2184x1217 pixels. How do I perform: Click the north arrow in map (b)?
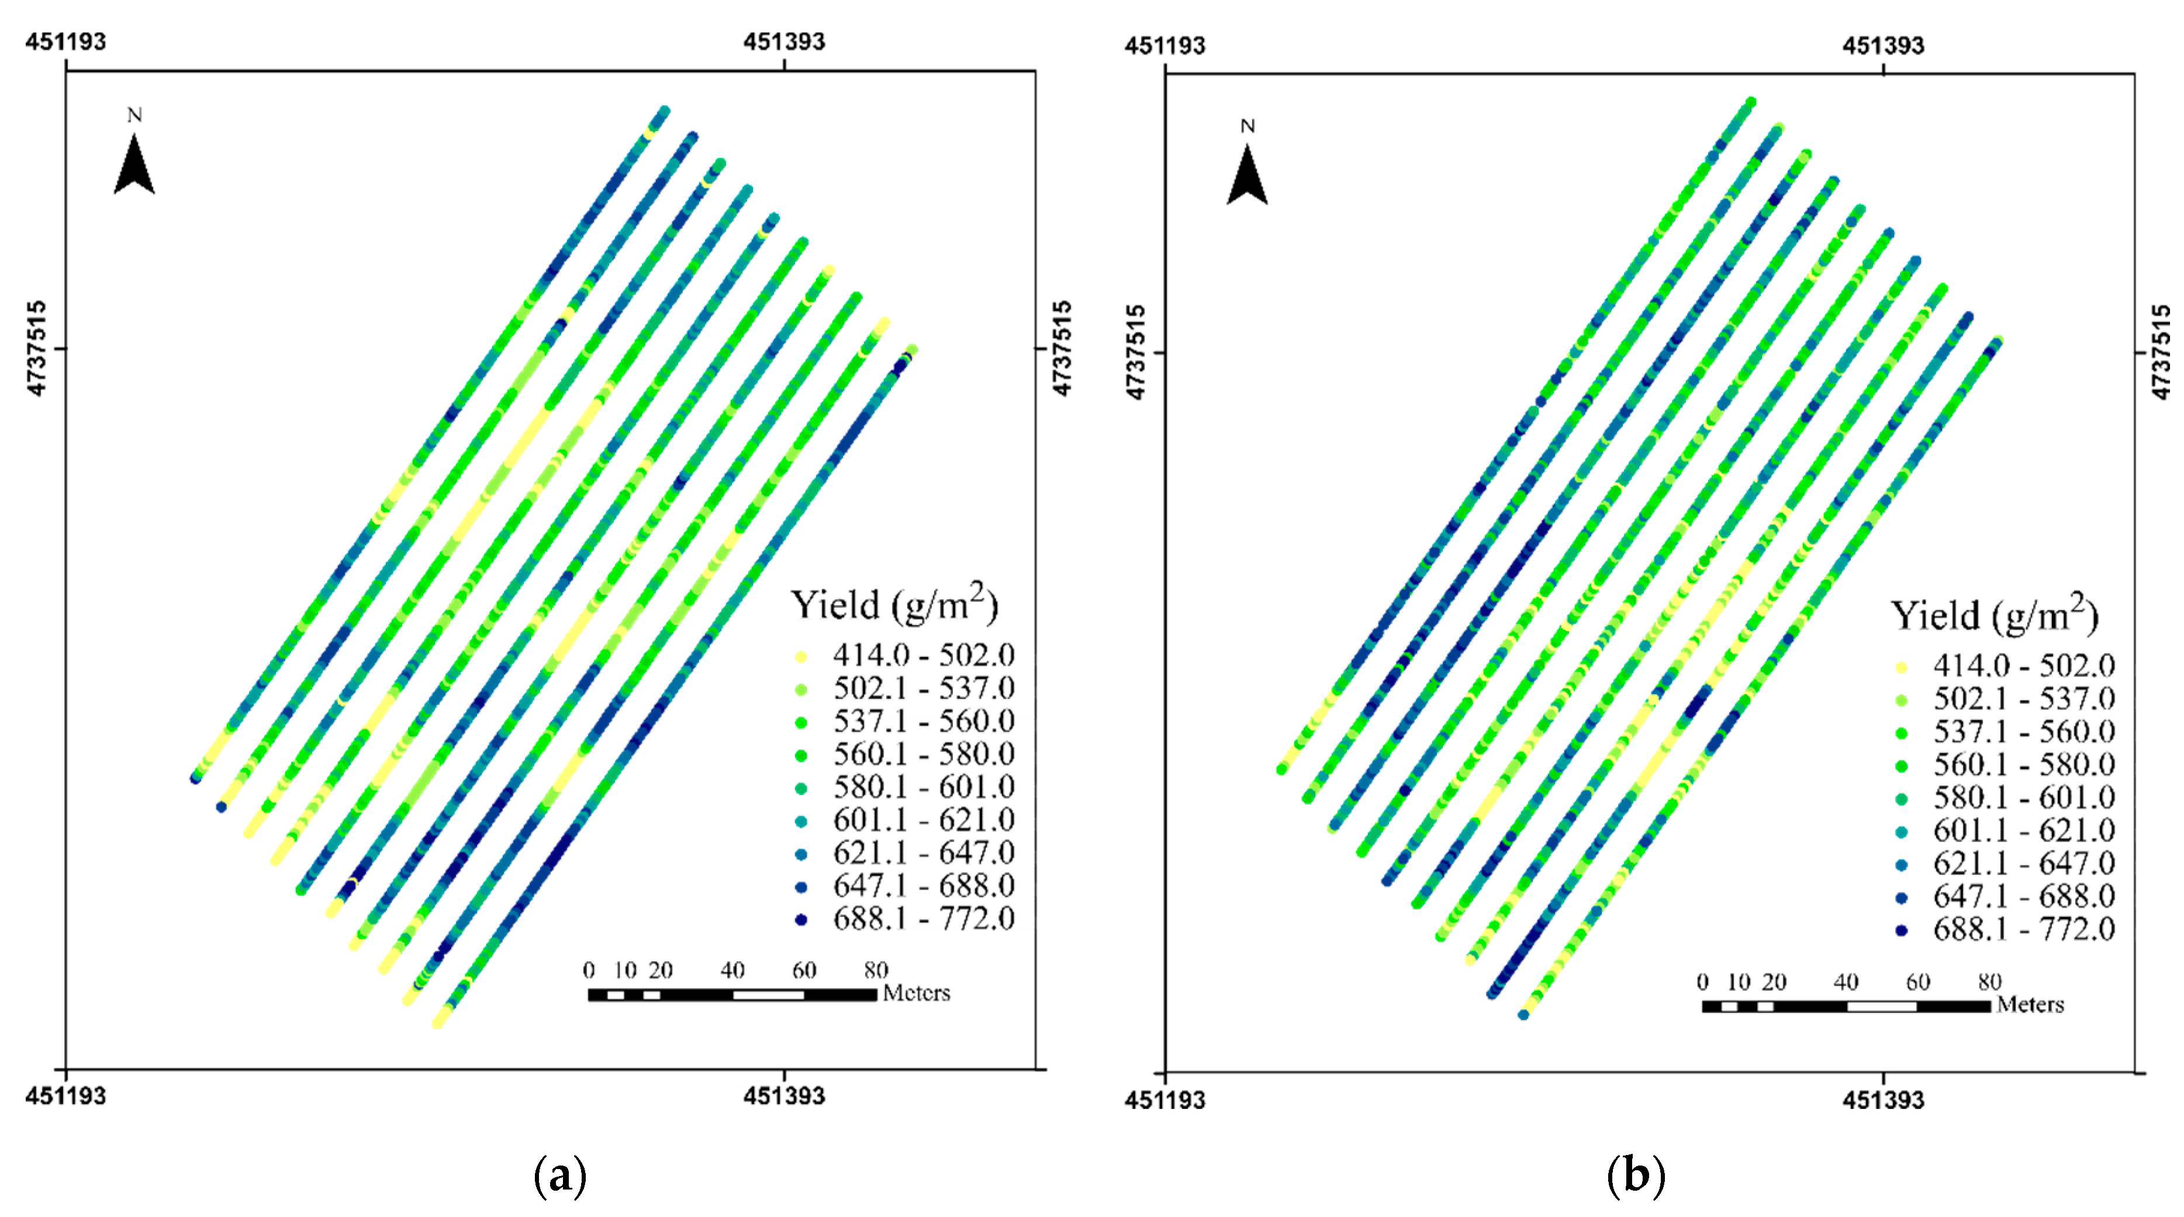tap(1247, 174)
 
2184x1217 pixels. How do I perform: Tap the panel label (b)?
tap(1636, 1174)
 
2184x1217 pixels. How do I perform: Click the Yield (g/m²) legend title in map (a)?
tap(894, 604)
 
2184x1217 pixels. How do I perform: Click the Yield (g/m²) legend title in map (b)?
tap(1994, 614)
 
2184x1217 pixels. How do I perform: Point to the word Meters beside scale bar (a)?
tap(917, 993)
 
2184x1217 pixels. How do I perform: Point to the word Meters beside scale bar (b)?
tap(2030, 1005)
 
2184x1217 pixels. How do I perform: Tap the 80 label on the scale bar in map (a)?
tap(876, 970)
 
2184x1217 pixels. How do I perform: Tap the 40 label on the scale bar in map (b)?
tap(1846, 982)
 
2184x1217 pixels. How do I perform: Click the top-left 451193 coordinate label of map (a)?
tap(65, 42)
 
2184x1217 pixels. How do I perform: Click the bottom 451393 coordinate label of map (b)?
tap(1883, 1100)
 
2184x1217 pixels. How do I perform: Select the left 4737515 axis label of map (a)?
tap(36, 348)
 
